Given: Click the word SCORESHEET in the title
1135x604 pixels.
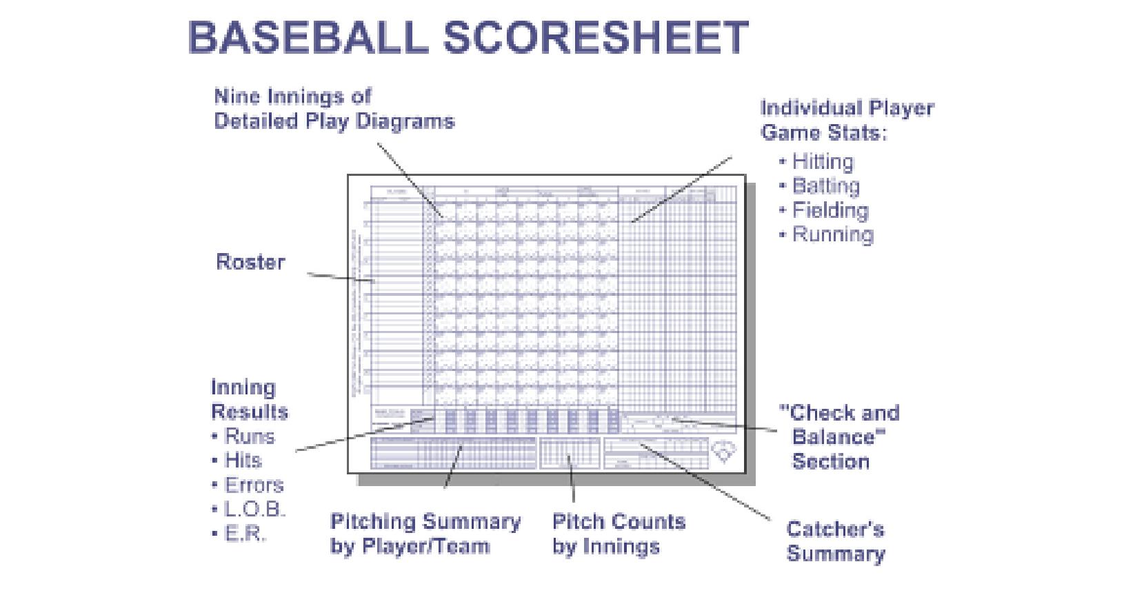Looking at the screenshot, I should click(x=595, y=37).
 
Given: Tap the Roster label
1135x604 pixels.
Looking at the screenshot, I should click(x=250, y=262).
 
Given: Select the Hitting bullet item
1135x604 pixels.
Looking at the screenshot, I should click(x=823, y=161).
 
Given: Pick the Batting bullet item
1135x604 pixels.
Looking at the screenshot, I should click(x=825, y=186).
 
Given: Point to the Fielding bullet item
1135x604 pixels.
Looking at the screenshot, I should click(x=830, y=210).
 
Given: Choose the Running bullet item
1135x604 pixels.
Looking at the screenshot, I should click(x=832, y=234).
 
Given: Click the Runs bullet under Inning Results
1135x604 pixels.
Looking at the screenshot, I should click(x=249, y=436).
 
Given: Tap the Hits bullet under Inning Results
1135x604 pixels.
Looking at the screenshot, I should click(x=243, y=461).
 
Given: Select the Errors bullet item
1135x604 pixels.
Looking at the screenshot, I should click(x=254, y=485).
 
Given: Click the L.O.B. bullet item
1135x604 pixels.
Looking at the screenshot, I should click(x=254, y=510).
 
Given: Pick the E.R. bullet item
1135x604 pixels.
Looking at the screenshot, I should click(x=245, y=534).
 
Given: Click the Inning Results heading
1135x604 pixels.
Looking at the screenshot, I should click(x=249, y=399).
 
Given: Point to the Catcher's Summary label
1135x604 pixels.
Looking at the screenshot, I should click(x=835, y=541).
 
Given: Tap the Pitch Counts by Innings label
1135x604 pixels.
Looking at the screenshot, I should click(x=619, y=534).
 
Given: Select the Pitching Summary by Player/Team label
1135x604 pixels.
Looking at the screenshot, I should click(x=425, y=534).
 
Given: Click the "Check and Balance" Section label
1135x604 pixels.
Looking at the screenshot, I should click(x=838, y=436).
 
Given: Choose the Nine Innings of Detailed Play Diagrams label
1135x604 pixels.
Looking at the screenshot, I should click(x=334, y=108).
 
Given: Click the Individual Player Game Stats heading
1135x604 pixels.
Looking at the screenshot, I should click(x=847, y=120).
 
